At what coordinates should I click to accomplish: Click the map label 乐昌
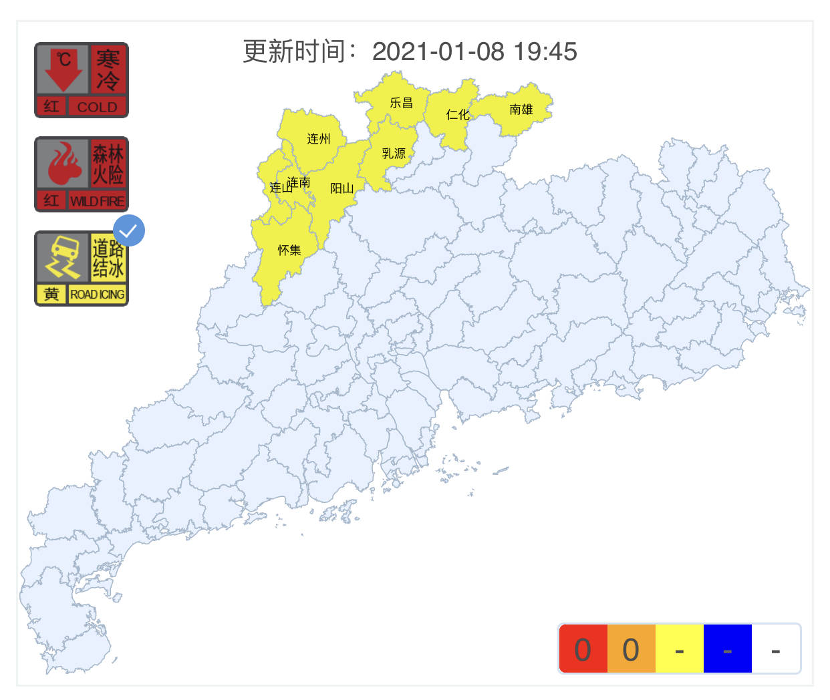[401, 103]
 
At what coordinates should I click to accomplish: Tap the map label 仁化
[458, 115]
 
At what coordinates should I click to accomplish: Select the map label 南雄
[521, 110]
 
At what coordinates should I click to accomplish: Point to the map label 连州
[319, 139]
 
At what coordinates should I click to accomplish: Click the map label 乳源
[394, 154]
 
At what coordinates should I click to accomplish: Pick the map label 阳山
[341, 188]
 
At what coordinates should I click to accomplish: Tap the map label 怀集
[289, 250]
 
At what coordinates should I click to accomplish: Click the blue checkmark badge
[128, 231]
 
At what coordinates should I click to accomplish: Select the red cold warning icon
[82, 80]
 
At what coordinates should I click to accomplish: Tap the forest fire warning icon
[82, 174]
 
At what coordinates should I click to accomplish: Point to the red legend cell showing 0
[583, 649]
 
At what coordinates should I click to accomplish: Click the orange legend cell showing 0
[631, 649]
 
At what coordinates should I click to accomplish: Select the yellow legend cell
[679, 649]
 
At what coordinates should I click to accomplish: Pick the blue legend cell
[727, 649]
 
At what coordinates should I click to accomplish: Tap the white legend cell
[775, 649]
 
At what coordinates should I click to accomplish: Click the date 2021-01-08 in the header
[438, 51]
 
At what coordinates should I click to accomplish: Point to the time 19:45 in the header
[545, 51]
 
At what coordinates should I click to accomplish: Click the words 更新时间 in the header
[294, 51]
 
